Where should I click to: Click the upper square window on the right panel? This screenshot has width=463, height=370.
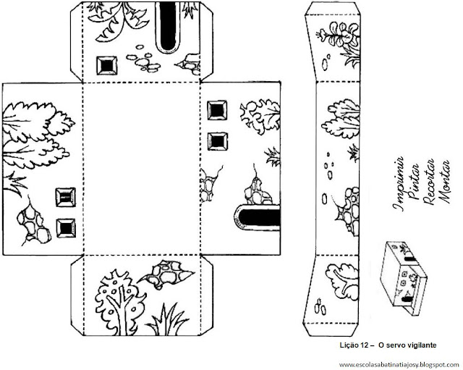(215, 109)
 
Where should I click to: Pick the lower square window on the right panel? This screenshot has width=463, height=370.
(215, 140)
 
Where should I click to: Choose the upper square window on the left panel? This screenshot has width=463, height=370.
(67, 196)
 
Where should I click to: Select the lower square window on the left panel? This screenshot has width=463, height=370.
(67, 227)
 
